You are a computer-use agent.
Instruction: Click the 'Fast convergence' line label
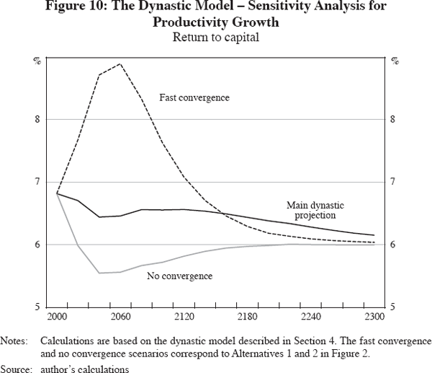tap(194, 97)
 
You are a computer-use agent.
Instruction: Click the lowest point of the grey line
tap(99, 273)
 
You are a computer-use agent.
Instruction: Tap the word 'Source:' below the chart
tap(17, 366)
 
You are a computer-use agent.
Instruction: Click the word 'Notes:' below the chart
tap(15, 338)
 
